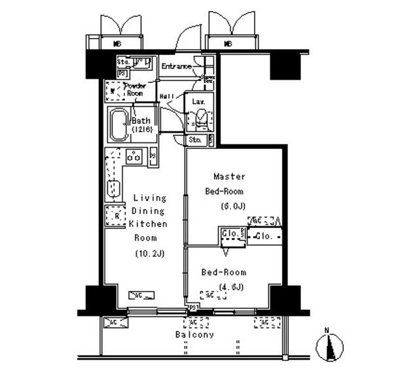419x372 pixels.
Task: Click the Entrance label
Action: [177, 67]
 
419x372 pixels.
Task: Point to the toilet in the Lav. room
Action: [201, 120]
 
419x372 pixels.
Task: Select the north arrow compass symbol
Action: [331, 345]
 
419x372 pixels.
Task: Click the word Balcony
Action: [194, 335]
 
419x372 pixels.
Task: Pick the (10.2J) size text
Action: [151, 253]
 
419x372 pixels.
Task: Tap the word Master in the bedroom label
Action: [230, 176]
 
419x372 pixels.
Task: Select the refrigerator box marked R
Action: [116, 216]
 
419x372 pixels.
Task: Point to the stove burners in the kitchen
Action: [134, 156]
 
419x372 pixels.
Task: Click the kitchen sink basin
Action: [114, 189]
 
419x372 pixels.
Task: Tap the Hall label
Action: [166, 96]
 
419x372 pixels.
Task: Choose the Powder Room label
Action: [134, 90]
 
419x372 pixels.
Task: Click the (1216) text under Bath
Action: [142, 130]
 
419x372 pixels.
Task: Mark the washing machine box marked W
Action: [113, 90]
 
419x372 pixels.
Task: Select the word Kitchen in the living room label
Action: [148, 224]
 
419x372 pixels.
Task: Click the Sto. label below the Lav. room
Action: [195, 140]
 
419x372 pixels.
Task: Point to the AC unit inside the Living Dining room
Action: [141, 295]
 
